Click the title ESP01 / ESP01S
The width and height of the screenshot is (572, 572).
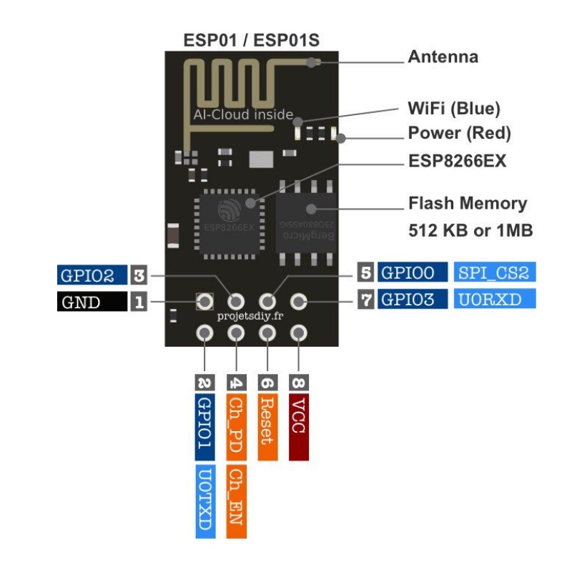click(x=251, y=39)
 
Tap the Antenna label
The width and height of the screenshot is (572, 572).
click(x=443, y=56)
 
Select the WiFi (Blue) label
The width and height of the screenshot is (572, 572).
click(x=453, y=109)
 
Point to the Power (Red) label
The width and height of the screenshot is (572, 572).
click(x=459, y=133)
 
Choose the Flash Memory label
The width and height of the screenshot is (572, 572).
click(x=467, y=203)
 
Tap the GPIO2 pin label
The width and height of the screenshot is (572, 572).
click(x=92, y=275)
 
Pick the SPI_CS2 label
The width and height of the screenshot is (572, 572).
click(x=495, y=272)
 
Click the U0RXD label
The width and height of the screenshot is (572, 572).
click(x=495, y=299)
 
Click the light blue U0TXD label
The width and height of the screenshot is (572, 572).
click(x=204, y=501)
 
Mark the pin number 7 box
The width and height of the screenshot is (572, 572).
click(x=366, y=299)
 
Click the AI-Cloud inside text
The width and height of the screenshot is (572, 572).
click(x=243, y=114)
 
